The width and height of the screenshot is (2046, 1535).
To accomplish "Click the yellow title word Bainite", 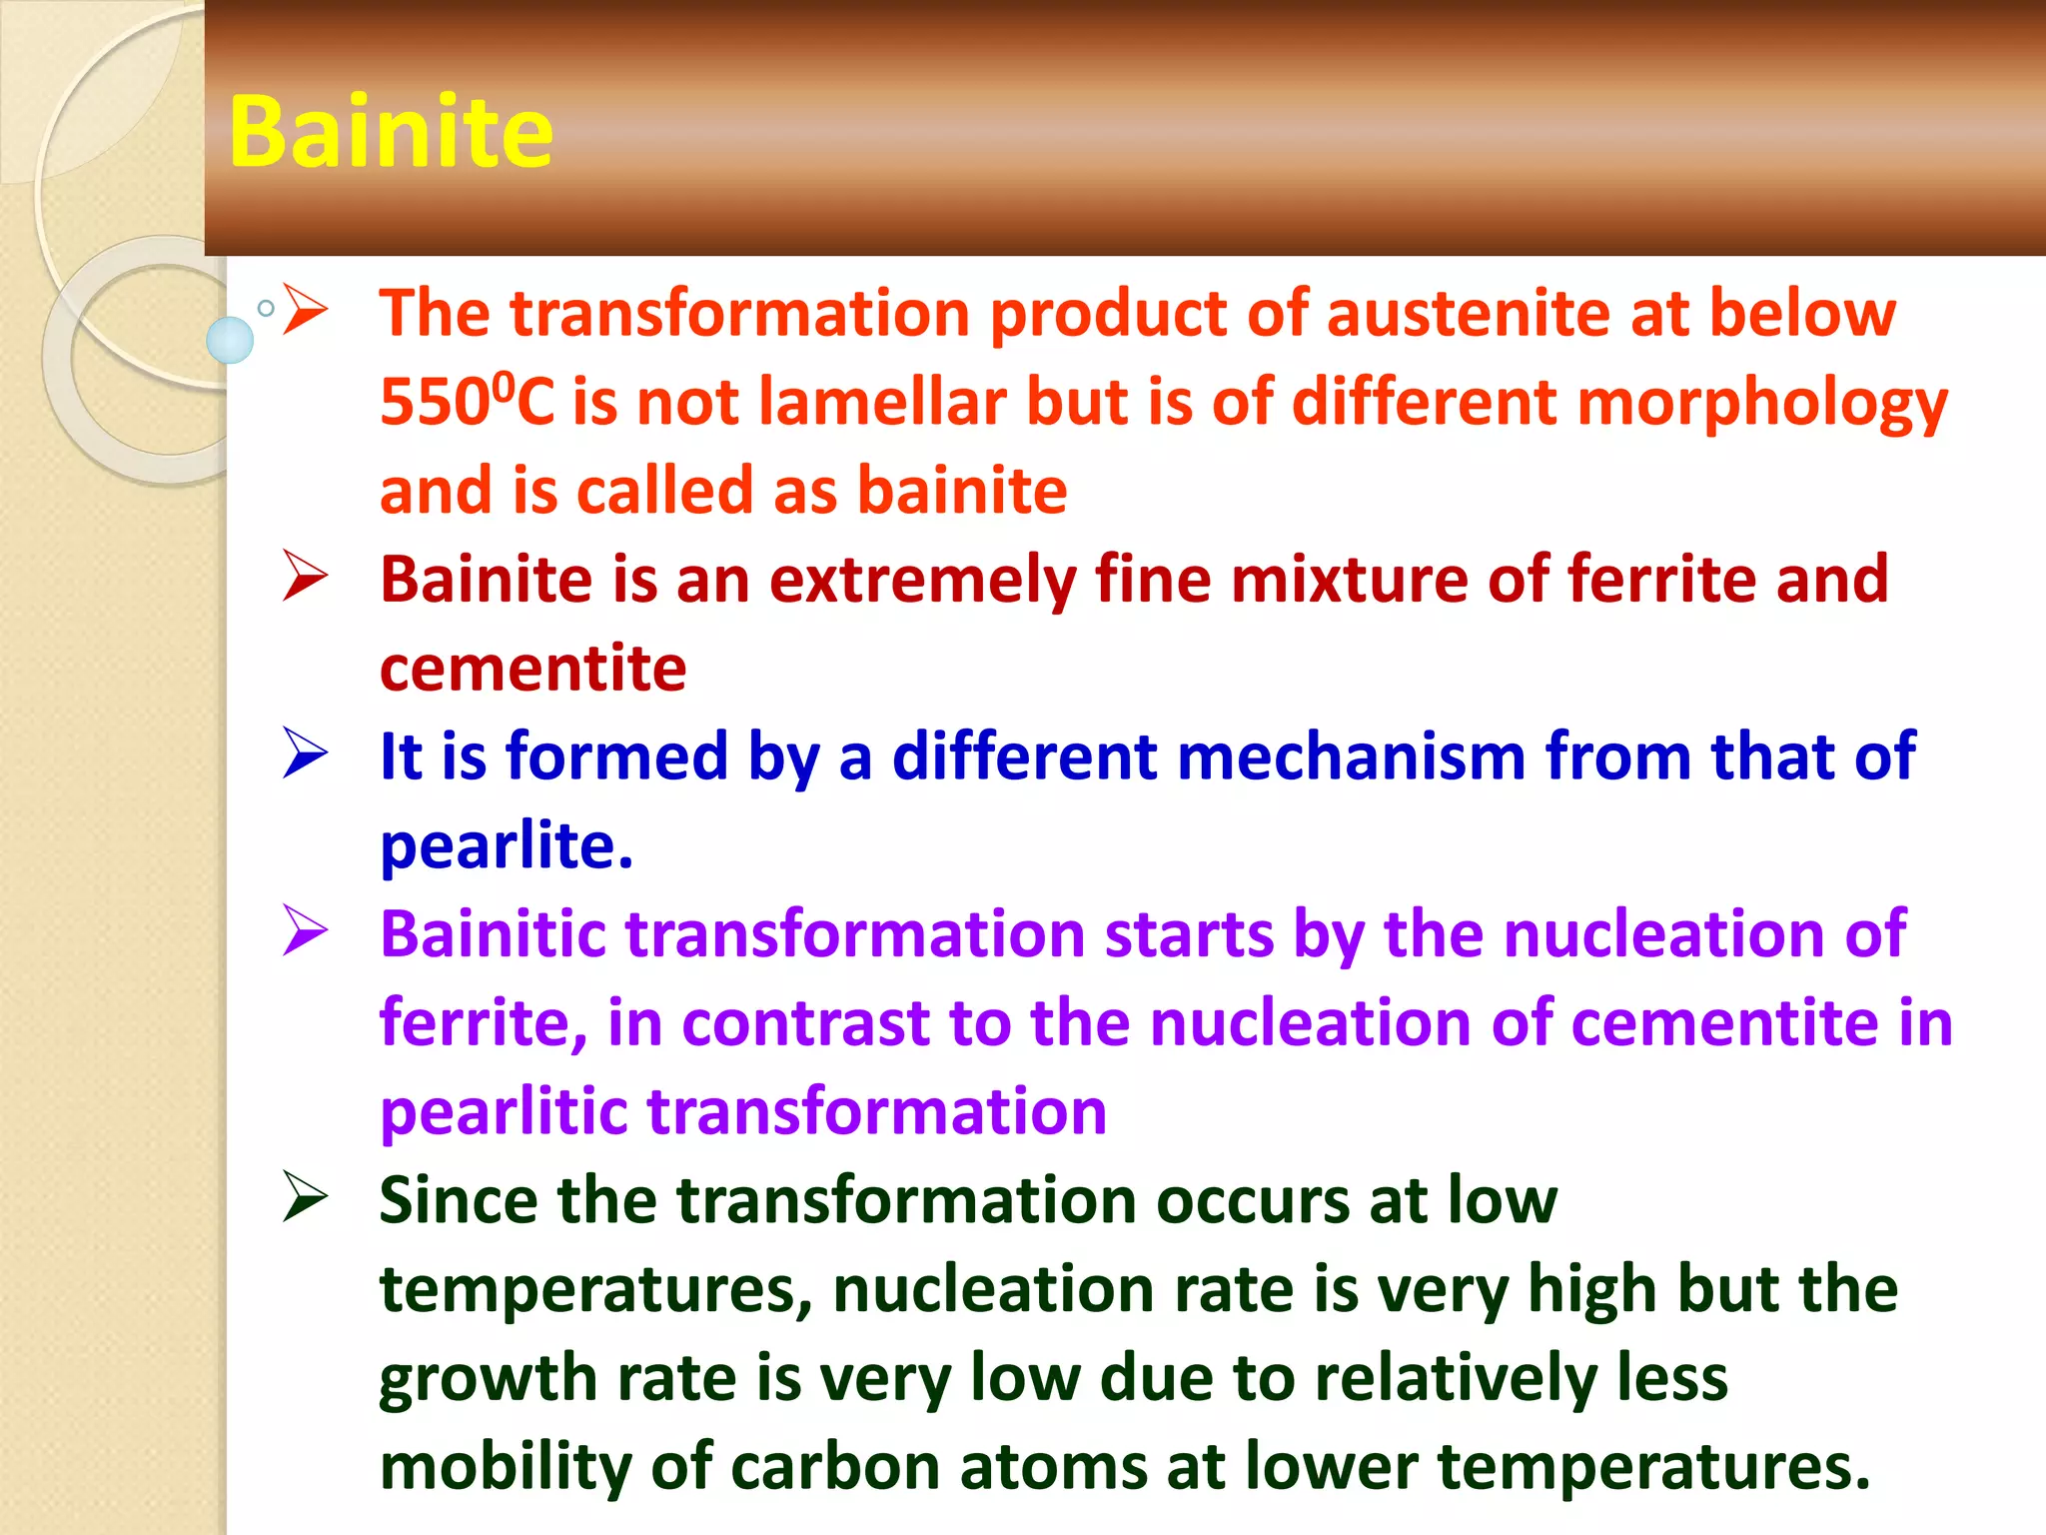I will tap(390, 132).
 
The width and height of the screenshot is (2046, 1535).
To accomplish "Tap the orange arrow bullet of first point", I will tap(305, 310).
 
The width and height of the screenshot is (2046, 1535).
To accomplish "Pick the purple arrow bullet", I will tap(305, 930).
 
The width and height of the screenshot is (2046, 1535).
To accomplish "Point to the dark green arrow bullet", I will tap(305, 1196).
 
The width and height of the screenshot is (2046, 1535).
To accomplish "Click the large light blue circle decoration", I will tap(230, 340).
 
